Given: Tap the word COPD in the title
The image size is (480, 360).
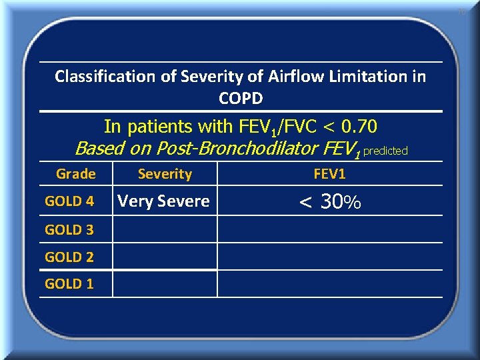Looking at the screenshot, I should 241,99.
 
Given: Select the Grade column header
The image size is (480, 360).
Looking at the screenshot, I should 75,174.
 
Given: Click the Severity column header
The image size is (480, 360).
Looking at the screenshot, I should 165,174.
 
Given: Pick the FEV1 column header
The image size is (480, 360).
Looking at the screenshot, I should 330,174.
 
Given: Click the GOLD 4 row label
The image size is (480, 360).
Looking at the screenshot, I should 69,201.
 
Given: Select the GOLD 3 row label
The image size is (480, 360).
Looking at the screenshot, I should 69,230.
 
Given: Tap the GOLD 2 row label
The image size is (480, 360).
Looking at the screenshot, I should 69,257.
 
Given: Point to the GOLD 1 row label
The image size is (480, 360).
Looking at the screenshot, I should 69,284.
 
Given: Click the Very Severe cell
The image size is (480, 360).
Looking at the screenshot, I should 164,201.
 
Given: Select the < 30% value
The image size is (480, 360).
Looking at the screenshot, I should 330,201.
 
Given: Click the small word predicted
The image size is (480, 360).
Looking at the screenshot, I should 385,151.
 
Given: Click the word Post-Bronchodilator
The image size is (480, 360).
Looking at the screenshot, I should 225,148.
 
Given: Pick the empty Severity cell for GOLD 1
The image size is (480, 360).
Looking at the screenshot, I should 165,284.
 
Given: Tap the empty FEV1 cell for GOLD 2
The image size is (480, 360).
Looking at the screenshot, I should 330,257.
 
